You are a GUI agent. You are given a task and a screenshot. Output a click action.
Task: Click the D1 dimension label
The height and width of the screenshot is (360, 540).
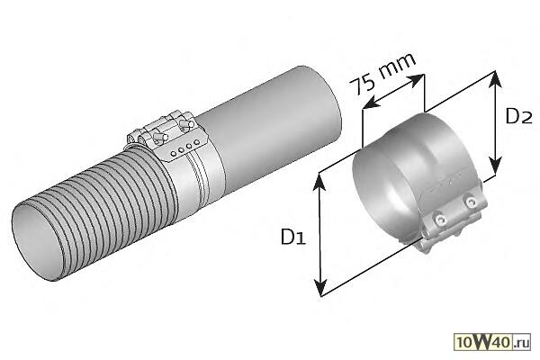[x=293, y=237]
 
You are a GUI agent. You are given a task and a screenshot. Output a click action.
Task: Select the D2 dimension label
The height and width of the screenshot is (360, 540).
[x=519, y=116]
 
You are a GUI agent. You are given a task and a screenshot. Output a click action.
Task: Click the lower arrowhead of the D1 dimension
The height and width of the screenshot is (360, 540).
[x=320, y=288]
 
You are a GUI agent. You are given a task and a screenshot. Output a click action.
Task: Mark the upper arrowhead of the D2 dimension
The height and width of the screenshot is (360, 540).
[x=495, y=79]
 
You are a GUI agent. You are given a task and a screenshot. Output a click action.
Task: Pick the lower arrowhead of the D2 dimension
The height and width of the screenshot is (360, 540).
[x=495, y=166]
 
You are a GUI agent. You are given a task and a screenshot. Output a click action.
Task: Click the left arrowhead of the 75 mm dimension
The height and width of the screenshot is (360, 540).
[x=371, y=103]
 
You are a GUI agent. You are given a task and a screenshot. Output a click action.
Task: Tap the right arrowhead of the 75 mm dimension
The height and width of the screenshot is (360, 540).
[x=416, y=80]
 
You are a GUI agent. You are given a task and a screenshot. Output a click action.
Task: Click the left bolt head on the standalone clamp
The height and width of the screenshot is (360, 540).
[x=439, y=220]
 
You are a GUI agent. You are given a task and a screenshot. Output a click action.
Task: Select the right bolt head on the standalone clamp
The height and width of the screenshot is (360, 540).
[x=470, y=202]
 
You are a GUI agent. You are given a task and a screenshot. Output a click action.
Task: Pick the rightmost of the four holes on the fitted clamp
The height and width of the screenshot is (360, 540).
[x=196, y=142]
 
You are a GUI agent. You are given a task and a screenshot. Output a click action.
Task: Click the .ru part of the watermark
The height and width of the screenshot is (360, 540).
[x=521, y=343]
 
